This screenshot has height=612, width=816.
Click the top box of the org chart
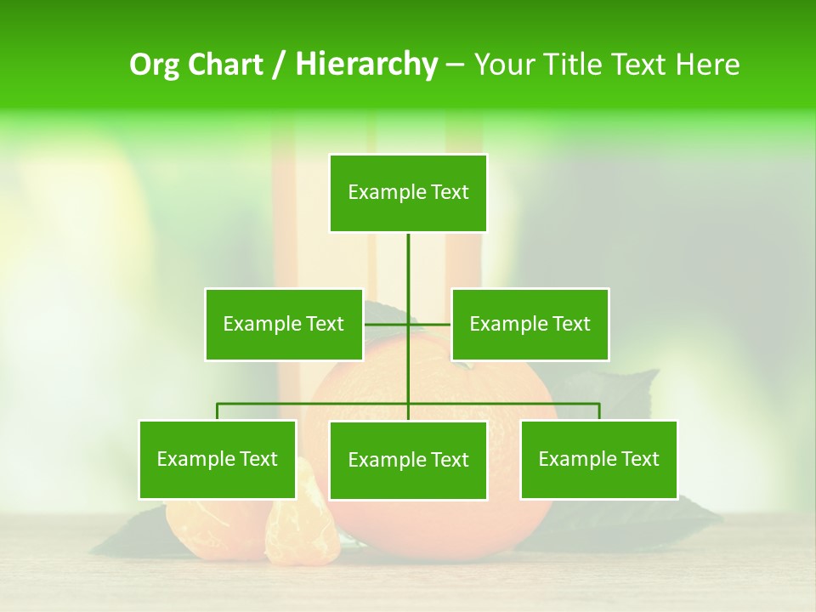pos(408,193)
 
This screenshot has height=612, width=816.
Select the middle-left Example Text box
pos(283,324)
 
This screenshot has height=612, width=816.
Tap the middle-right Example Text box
pos(530,324)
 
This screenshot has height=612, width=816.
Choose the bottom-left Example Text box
pos(217,459)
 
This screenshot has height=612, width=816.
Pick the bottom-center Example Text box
pos(408,460)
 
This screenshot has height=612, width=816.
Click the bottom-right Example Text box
pos(598,459)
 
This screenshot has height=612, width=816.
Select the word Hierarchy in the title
pos(365,65)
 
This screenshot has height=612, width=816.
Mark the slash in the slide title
pos(279,65)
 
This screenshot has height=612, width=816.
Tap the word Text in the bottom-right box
pos(639,459)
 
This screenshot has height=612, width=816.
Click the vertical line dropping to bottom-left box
pos(217,411)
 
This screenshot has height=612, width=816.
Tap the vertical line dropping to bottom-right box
pos(599,411)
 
